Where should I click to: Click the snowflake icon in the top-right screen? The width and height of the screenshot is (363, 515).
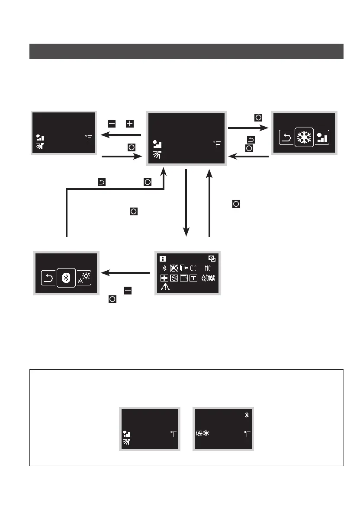(303, 137)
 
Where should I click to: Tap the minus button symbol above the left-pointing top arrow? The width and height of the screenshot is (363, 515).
(112, 124)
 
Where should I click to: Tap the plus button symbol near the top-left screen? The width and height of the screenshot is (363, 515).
(129, 124)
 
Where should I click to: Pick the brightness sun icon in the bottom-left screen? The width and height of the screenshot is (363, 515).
(84, 278)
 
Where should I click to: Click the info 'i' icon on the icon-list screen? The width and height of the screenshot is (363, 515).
(163, 259)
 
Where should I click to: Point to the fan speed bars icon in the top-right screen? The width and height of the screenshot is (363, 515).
(322, 138)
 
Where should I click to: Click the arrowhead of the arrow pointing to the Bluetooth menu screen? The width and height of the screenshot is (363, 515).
(104, 273)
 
